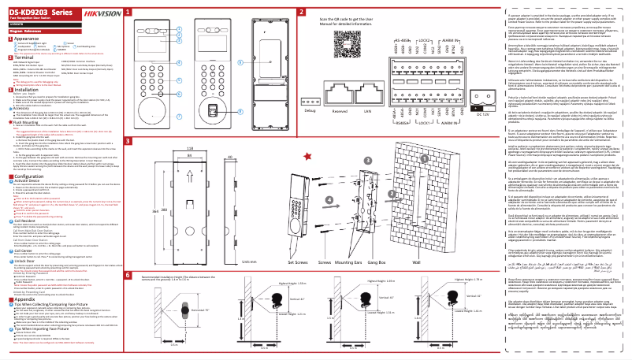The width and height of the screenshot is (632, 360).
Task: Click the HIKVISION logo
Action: coord(100,10)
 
